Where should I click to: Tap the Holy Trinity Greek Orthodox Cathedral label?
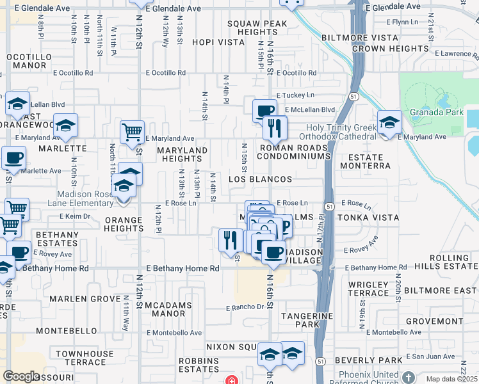341,132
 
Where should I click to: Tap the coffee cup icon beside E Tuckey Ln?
264,111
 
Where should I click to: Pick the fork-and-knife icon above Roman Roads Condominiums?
275,127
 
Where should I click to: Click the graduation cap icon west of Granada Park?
389,121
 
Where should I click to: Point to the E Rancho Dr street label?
245,307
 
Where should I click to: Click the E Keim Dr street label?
79,216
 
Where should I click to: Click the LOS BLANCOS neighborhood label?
261,180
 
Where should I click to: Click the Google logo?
21,376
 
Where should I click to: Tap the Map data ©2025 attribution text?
452,379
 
